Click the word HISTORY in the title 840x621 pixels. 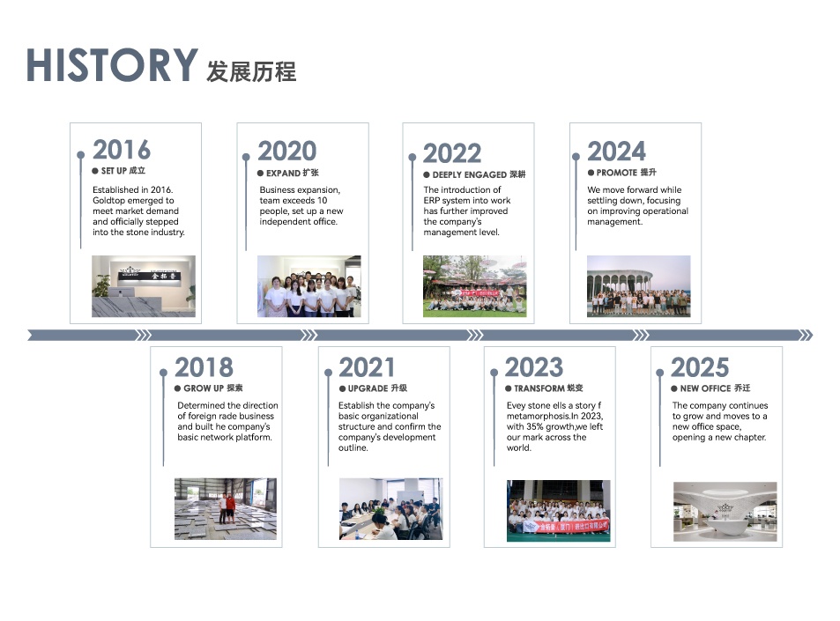pos(112,65)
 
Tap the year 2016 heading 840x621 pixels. pos(122,150)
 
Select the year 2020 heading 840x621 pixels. pos(287,151)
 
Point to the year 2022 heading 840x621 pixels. pos(452,153)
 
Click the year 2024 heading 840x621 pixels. pos(617,152)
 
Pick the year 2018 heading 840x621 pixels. pos(204,368)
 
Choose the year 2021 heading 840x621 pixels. pos(367,368)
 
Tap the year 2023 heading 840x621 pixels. pos(534,368)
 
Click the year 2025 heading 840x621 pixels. pos(700,368)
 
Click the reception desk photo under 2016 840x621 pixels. pos(144,286)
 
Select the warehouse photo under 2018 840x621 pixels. pos(226,508)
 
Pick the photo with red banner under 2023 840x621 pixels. pos(558,511)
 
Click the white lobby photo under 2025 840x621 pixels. pos(725,512)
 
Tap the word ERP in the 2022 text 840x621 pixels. pos(431,200)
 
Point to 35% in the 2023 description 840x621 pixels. pos(535,426)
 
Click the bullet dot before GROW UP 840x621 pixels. pos(177,388)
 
